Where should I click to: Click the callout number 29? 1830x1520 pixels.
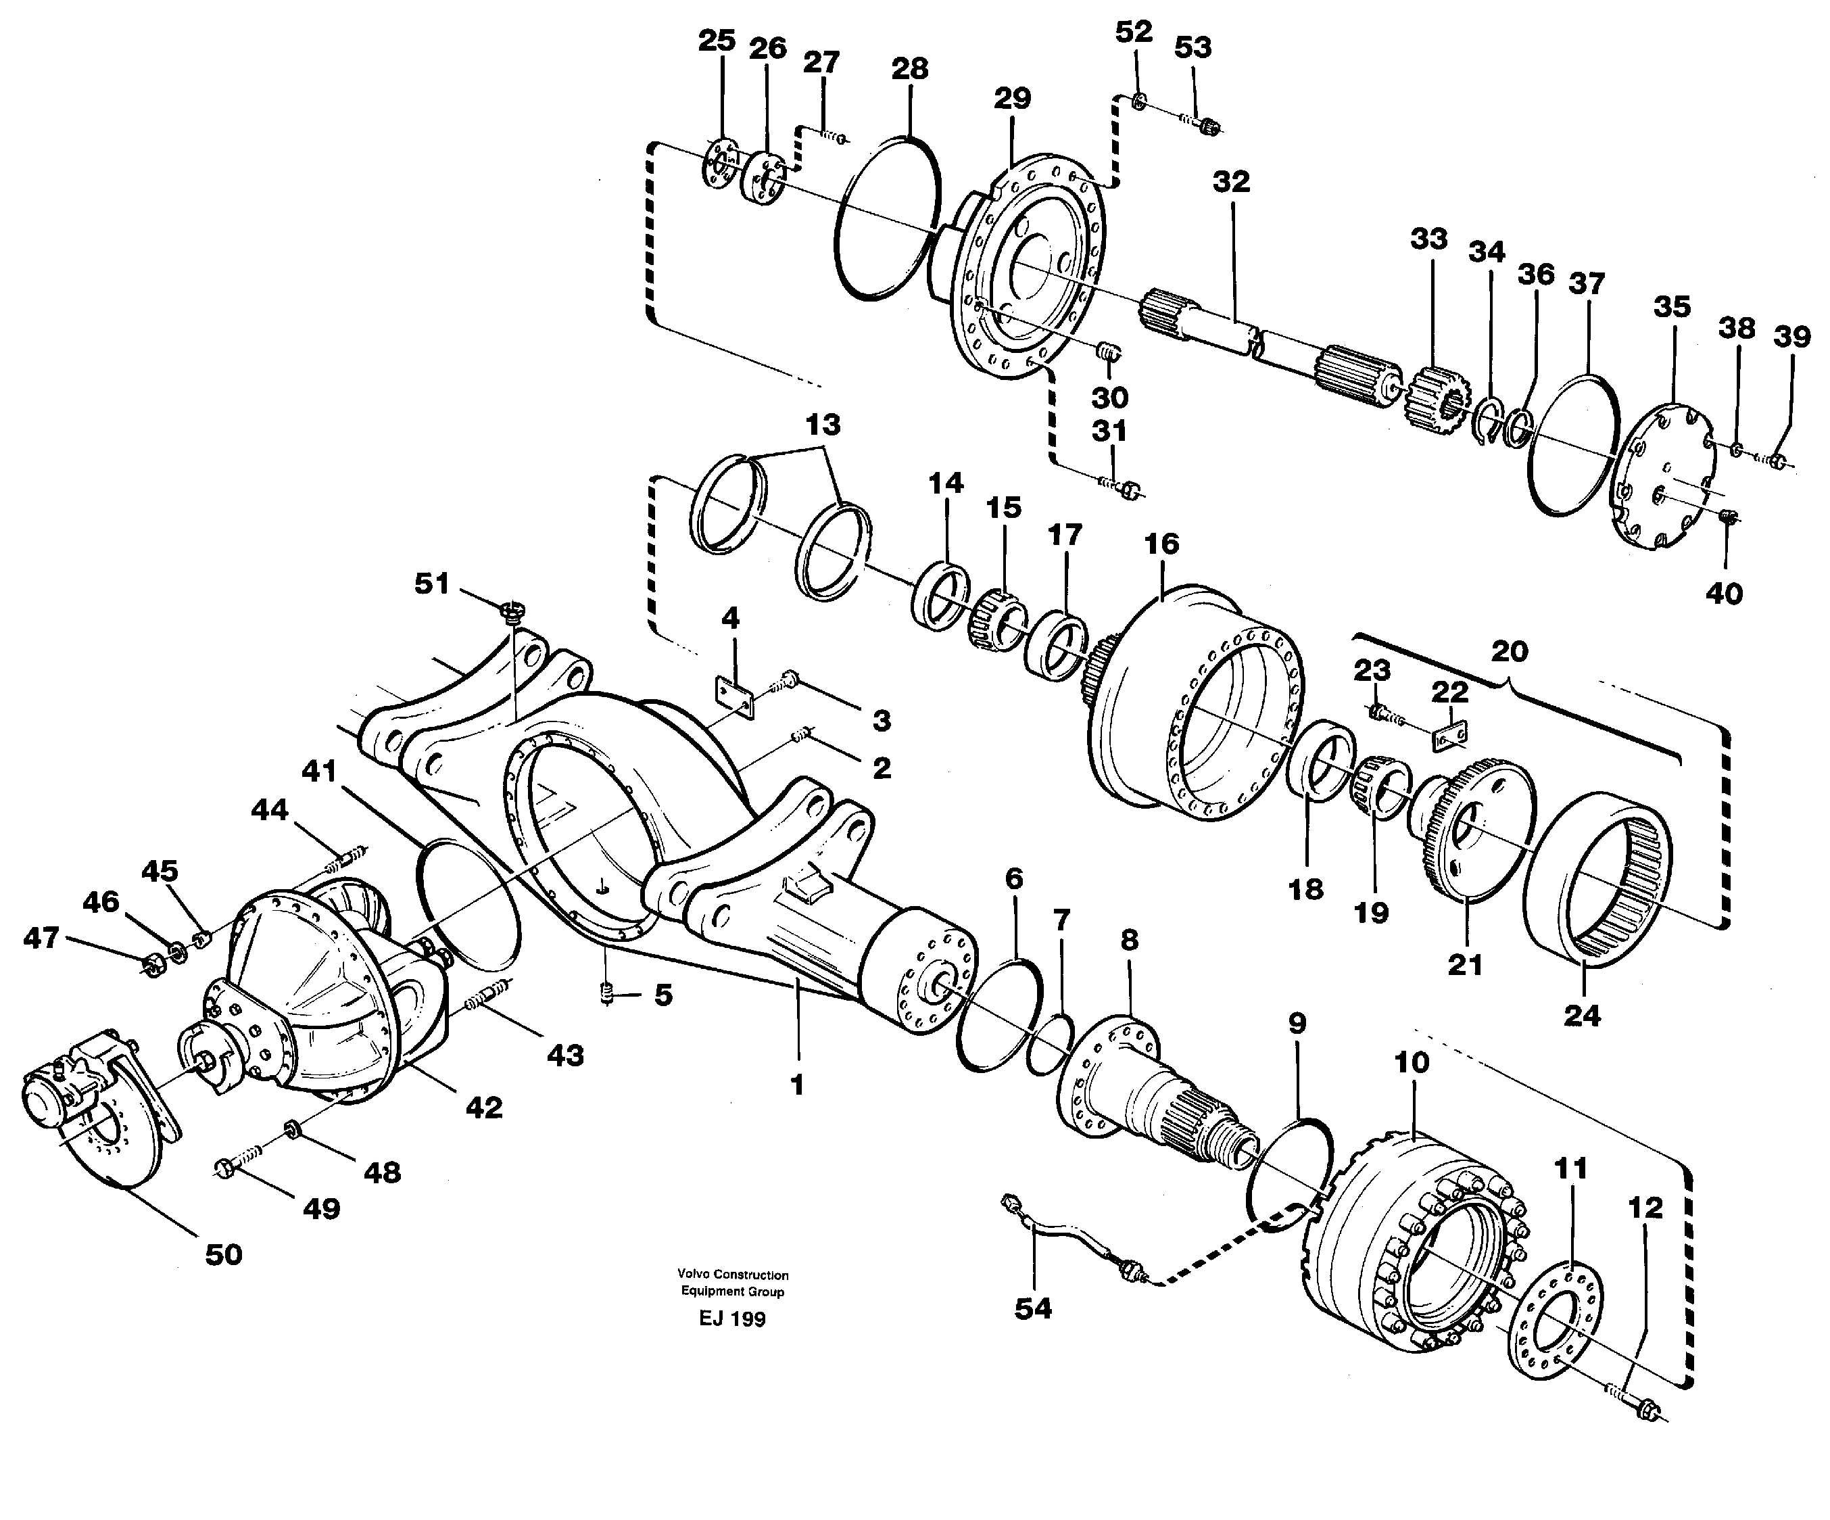pos(1012,99)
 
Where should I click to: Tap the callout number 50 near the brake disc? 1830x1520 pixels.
pos(223,1255)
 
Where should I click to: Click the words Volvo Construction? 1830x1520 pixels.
pos(733,1275)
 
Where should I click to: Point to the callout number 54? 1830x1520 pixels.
pos(1033,1309)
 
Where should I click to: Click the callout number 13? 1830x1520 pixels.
pos(823,425)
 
